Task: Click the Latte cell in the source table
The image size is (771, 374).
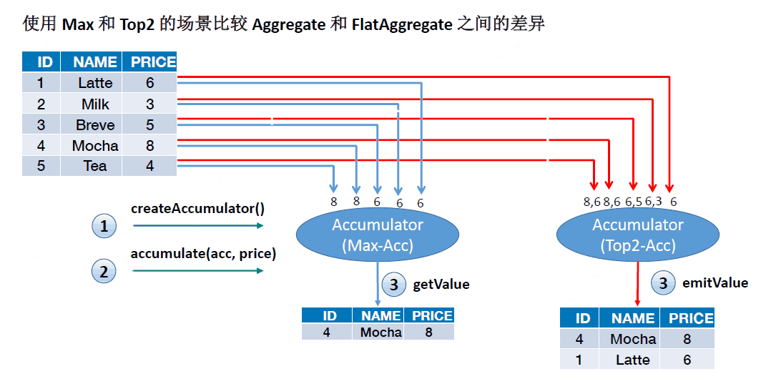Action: coord(95,83)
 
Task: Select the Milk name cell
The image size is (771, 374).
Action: coord(95,104)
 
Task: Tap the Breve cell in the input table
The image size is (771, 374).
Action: coord(95,125)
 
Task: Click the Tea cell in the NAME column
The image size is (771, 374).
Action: coord(95,166)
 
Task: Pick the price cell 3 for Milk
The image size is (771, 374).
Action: coord(149,104)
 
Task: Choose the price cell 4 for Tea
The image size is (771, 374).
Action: coord(149,166)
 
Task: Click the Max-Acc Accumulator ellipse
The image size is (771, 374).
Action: coord(378,235)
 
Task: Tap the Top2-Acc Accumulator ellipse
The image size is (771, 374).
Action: coord(638,235)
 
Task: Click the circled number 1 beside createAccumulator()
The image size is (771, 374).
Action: coord(104,227)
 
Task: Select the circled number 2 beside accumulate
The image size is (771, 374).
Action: coord(104,272)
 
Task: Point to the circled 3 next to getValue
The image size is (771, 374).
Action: coord(393,285)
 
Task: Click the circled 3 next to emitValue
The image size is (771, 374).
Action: coord(663,283)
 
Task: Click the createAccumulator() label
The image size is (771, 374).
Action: coord(197,209)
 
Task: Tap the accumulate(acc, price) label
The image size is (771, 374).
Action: coord(203,254)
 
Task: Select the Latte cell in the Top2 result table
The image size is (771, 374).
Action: coord(633,360)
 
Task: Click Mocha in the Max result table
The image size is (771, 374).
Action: coord(380,332)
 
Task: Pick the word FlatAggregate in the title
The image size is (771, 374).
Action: coord(403,25)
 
